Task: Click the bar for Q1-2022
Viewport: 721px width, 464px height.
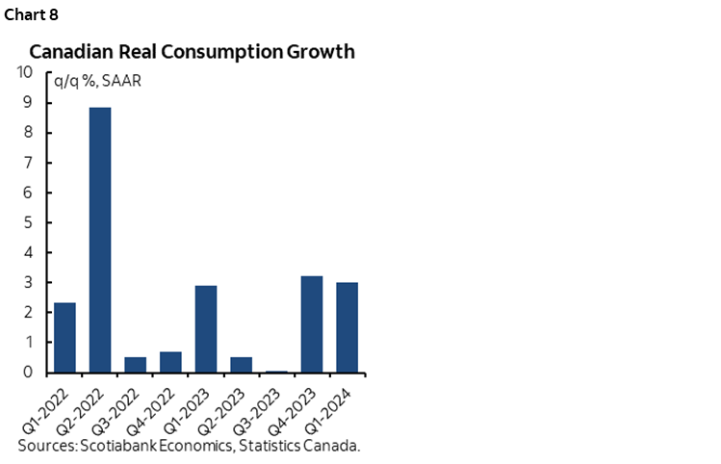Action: click(64, 337)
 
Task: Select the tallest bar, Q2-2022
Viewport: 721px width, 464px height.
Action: click(100, 240)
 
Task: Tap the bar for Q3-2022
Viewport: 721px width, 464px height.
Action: click(136, 365)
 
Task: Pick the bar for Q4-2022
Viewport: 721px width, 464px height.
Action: click(171, 362)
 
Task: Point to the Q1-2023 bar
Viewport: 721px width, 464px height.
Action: click(206, 328)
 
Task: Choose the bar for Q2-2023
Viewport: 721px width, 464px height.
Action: click(242, 365)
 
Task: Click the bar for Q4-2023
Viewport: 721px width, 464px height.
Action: click(312, 324)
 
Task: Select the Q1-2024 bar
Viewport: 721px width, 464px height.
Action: click(348, 327)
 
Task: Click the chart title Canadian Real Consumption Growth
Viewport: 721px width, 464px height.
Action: click(192, 52)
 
